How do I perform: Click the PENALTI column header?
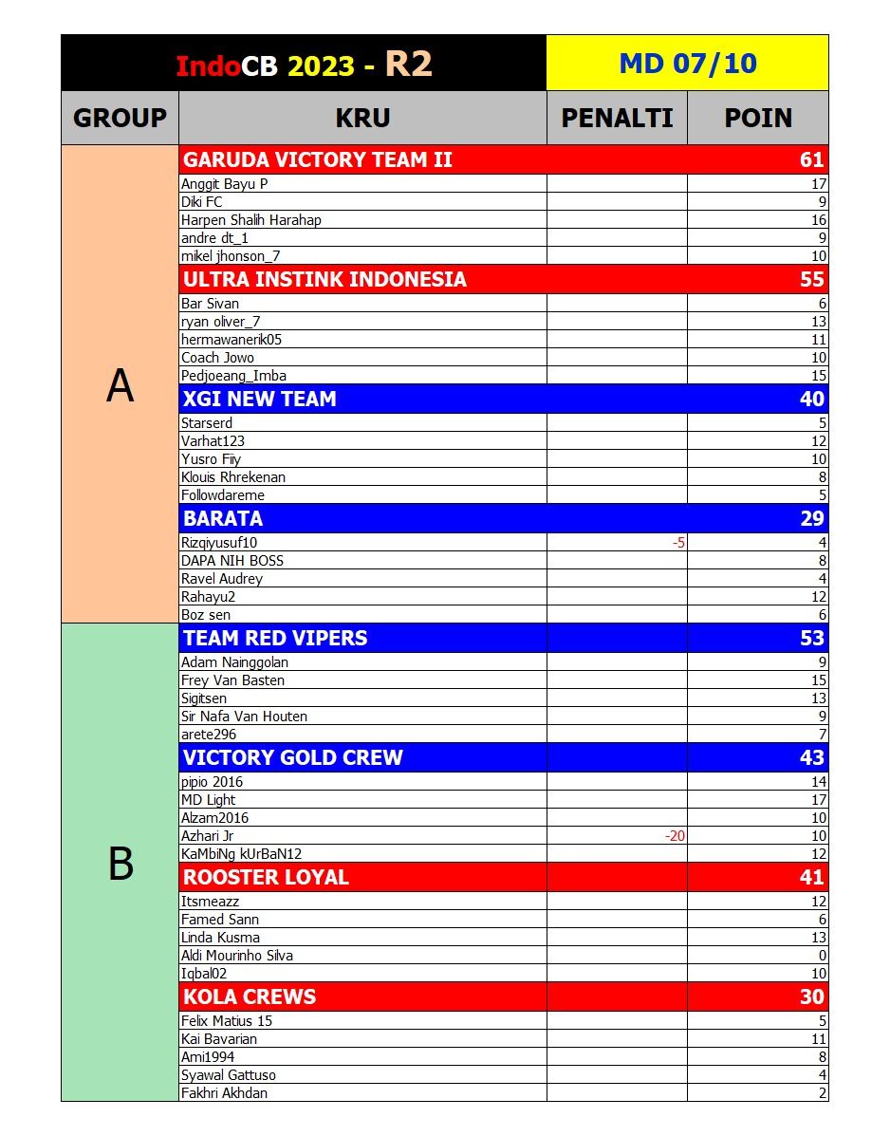point(617,118)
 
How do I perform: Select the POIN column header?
point(758,118)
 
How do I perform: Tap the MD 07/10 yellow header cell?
point(687,64)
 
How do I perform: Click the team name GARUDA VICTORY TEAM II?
point(317,159)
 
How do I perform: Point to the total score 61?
point(811,159)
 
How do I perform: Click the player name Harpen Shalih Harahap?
point(251,220)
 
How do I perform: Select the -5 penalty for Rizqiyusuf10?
point(678,543)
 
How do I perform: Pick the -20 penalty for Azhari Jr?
point(676,836)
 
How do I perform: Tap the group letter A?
point(120,385)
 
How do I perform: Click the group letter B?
point(121,864)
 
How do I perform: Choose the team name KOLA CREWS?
point(250,996)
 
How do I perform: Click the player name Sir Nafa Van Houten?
point(244,717)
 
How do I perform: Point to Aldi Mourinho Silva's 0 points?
point(822,956)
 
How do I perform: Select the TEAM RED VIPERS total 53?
point(811,638)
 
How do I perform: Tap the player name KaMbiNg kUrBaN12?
point(241,854)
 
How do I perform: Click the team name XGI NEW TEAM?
point(259,399)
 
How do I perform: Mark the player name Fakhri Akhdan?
point(224,1093)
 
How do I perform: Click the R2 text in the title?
point(409,64)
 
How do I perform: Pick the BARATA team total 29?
point(811,518)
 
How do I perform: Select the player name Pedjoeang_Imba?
point(233,376)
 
